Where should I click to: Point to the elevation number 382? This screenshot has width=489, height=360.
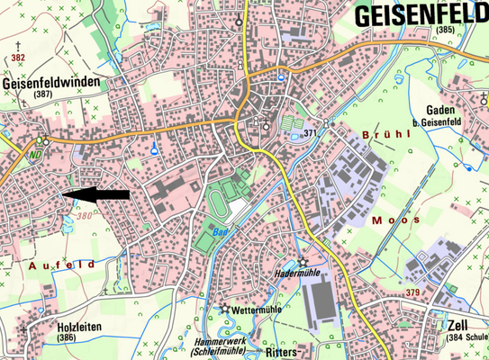coord(20,56)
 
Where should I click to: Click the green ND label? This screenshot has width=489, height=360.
coord(35,153)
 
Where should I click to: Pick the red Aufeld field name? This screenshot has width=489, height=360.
coord(61,265)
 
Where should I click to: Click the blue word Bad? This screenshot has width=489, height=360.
coord(220,231)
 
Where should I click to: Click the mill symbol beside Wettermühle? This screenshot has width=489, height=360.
coord(224,309)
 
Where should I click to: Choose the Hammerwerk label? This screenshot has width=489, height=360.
coord(221,341)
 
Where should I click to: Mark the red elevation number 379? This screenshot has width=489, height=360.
coord(413,293)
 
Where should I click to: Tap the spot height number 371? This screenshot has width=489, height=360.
coord(312,132)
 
